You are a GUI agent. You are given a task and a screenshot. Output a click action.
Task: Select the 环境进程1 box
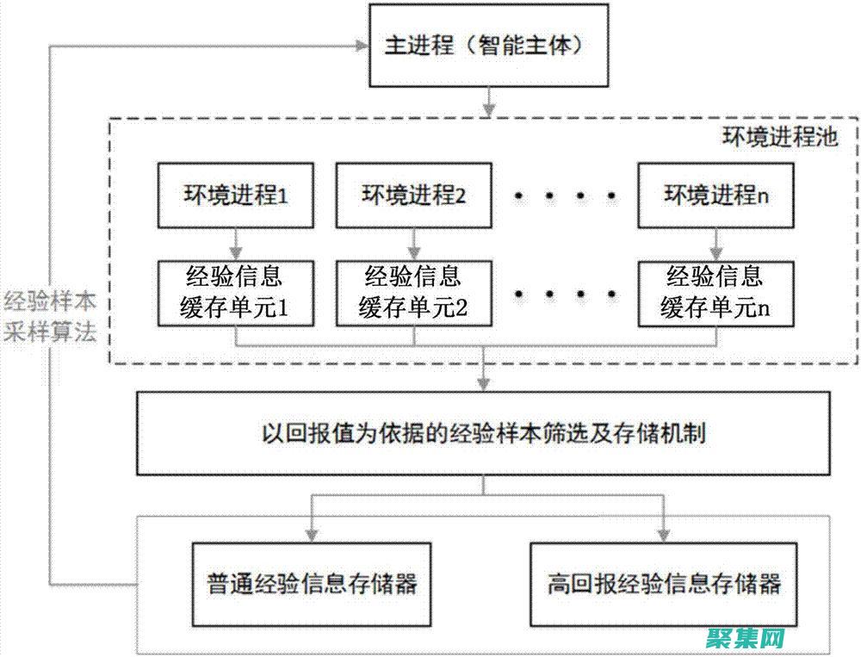pyautogui.click(x=235, y=195)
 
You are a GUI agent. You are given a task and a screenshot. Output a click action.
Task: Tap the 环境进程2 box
pyautogui.click(x=414, y=195)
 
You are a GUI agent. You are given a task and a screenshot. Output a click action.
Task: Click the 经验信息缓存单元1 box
pyautogui.click(x=235, y=293)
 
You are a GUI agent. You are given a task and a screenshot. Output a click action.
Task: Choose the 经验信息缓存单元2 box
pyautogui.click(x=414, y=293)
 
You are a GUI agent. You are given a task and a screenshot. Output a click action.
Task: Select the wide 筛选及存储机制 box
pyautogui.click(x=484, y=434)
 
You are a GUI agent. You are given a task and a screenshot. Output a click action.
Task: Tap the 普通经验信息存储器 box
pyautogui.click(x=313, y=584)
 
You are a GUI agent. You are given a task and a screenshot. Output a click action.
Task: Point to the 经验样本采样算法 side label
pyautogui.click(x=50, y=318)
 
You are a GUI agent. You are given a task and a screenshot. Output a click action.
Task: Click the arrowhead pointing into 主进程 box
pyautogui.click(x=360, y=46)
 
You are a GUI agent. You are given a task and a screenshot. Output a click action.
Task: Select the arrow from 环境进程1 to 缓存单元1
pyautogui.click(x=235, y=243)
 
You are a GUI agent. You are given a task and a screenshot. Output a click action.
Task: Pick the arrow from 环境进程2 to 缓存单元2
pyautogui.click(x=414, y=243)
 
